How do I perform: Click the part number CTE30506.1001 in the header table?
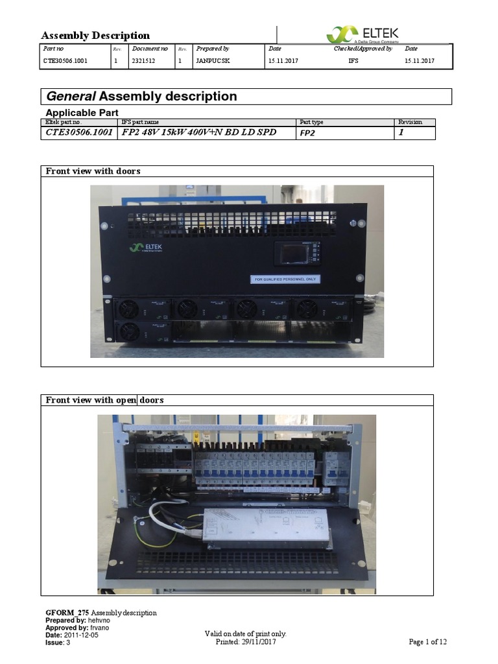click(x=65, y=62)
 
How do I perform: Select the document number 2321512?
click(x=143, y=62)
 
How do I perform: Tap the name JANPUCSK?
click(x=213, y=62)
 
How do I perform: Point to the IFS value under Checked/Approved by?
click(x=353, y=62)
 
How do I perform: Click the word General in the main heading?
click(x=71, y=97)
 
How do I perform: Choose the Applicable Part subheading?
click(x=81, y=112)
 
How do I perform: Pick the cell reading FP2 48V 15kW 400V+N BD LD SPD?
click(x=199, y=132)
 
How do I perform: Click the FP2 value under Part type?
click(x=307, y=133)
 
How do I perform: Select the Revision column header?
click(x=410, y=122)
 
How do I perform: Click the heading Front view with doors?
click(x=93, y=171)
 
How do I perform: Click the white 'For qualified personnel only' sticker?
click(x=285, y=279)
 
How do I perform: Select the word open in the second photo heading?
click(x=126, y=400)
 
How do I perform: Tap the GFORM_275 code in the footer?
click(x=67, y=613)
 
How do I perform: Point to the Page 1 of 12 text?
click(x=427, y=642)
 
